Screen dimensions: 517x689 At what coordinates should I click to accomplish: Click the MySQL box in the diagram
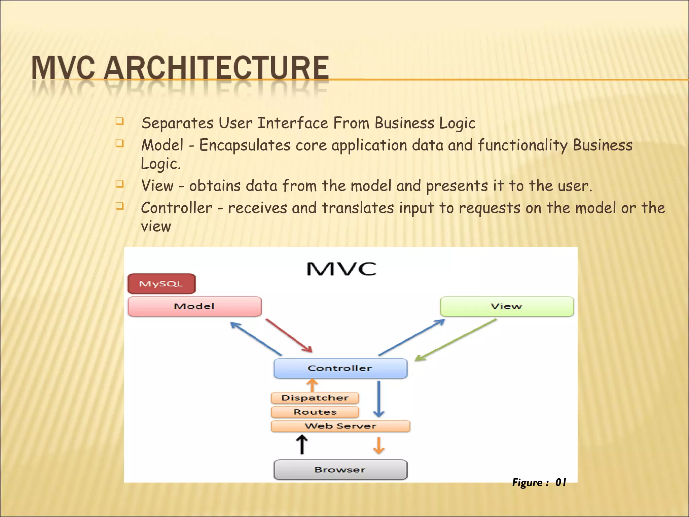(161, 284)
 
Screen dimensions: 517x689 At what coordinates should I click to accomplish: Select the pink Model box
(194, 306)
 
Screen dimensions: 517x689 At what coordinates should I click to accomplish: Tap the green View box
(507, 306)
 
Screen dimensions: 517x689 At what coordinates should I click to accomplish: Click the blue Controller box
(340, 368)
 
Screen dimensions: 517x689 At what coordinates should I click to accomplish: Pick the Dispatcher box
(315, 398)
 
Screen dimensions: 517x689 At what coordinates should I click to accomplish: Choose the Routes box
(315, 412)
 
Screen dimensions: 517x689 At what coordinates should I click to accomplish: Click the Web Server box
(340, 426)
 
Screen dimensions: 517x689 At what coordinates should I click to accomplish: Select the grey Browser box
(340, 470)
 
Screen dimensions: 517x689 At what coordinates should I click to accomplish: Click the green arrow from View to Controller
(456, 340)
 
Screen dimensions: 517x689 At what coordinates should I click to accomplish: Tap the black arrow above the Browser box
(302, 444)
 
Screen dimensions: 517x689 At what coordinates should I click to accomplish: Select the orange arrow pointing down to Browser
(379, 445)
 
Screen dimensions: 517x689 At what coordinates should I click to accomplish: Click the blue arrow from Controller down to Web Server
(379, 399)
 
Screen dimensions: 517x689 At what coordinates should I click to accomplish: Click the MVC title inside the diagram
(341, 269)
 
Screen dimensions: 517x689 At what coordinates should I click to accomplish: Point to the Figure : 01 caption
(539, 482)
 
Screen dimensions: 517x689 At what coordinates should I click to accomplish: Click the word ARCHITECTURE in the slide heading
(216, 68)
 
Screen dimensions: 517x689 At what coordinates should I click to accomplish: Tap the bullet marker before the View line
(119, 184)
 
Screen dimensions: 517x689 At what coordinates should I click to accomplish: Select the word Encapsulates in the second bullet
(245, 145)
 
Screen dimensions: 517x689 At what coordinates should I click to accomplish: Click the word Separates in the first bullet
(177, 123)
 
